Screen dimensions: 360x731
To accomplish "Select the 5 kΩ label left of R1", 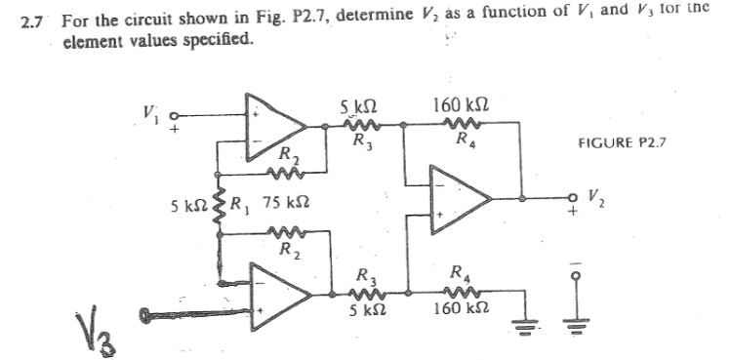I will pyautogui.click(x=183, y=208).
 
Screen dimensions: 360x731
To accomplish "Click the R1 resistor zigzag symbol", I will pyautogui.click(x=220, y=209).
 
